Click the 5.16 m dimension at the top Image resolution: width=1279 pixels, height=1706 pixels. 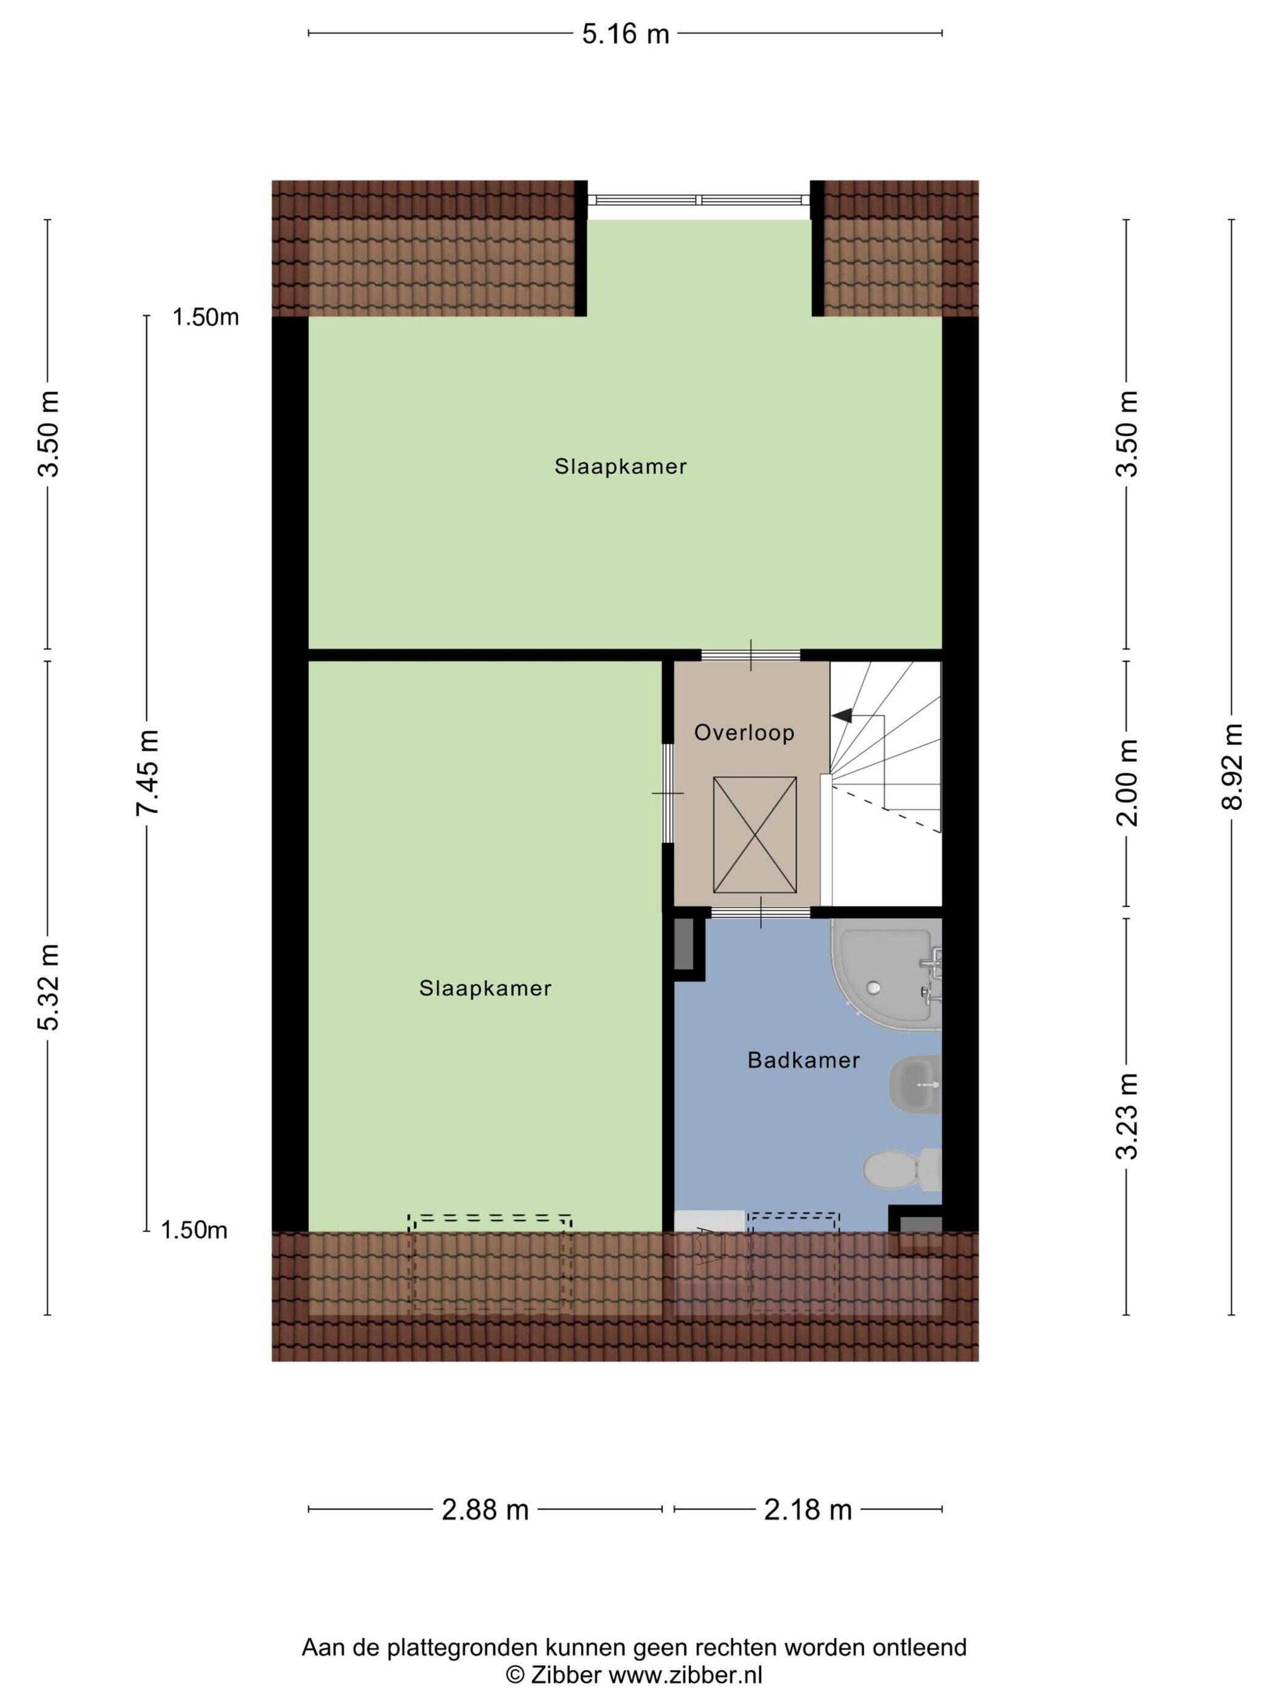625,34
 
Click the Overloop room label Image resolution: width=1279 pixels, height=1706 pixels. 744,732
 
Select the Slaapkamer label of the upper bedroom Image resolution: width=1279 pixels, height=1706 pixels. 621,467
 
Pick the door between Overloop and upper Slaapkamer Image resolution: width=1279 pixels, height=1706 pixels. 751,656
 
